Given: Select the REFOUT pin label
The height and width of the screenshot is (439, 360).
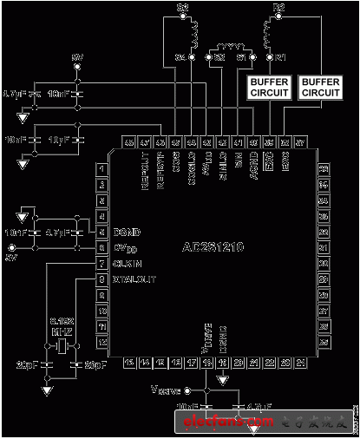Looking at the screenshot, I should click(145, 164).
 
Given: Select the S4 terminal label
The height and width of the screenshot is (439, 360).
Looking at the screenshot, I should click(180, 57).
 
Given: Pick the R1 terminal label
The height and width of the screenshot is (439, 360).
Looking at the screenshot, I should click(279, 57).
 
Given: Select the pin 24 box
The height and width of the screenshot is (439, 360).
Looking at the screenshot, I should click(301, 362).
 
